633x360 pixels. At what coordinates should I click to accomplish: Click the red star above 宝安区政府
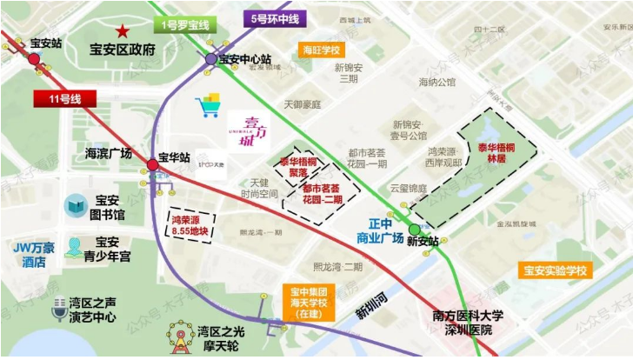(x=125, y=31)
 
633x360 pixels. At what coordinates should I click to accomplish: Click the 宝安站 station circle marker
(x=34, y=58)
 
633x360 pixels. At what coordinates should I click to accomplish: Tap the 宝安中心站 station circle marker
(x=211, y=59)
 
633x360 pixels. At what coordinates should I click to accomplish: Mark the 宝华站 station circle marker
(x=152, y=163)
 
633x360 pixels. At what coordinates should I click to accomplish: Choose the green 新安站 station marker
(x=414, y=230)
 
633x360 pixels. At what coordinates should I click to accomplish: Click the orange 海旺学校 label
(x=321, y=50)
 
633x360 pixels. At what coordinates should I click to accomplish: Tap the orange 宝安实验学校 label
(x=555, y=270)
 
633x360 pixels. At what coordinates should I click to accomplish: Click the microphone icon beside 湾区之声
(x=59, y=310)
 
